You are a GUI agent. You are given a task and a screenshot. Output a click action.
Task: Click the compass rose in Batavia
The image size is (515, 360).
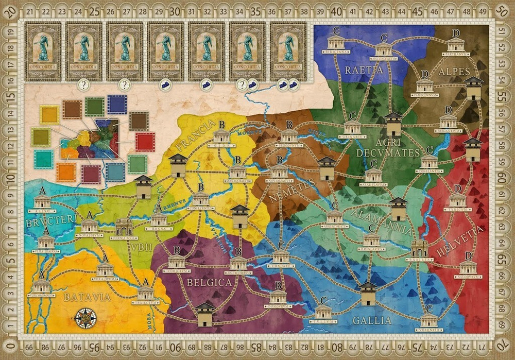point(85,318)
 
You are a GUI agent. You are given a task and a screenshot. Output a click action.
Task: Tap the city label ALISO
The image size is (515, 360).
point(42,211)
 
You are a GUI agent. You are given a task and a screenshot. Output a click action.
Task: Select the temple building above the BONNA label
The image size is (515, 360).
point(159,220)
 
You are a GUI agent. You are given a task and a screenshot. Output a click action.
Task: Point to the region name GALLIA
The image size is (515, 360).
point(372,320)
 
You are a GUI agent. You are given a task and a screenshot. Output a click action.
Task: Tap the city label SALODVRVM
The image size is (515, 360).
point(468,277)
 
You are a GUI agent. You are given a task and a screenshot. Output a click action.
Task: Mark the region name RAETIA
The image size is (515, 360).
point(364,70)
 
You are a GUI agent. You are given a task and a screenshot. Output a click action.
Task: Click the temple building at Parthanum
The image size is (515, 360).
point(456,44)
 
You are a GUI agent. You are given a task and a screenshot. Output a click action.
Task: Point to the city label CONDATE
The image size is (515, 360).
point(281,266)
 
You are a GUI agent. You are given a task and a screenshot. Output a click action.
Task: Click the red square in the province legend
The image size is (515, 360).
point(145,142)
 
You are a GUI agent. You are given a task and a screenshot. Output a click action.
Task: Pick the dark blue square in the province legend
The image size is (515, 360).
point(117,105)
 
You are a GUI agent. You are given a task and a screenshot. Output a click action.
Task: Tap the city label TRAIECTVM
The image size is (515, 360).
point(145,302)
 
